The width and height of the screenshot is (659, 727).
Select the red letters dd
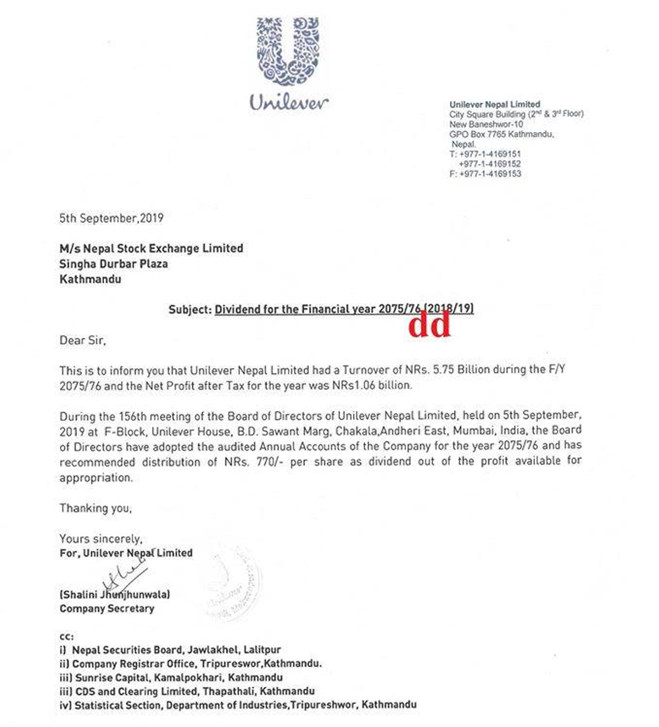point(430,325)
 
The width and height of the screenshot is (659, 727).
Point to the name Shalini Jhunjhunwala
point(116,594)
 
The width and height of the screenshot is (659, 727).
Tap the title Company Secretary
point(107,608)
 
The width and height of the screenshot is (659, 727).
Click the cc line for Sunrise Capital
point(171,678)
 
